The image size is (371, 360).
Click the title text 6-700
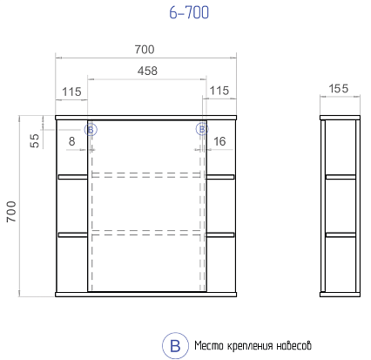click(x=189, y=12)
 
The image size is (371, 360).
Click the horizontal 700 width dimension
click(x=145, y=50)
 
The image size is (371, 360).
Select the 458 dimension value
click(x=147, y=71)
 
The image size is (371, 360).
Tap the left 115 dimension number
click(x=71, y=92)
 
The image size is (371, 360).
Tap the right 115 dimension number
click(x=219, y=91)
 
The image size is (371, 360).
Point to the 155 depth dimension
click(x=339, y=89)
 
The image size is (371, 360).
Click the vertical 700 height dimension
click(x=11, y=212)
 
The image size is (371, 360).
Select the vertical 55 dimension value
click(x=35, y=140)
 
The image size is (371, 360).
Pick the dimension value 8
click(x=71, y=141)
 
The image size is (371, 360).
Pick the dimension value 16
click(x=219, y=141)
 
